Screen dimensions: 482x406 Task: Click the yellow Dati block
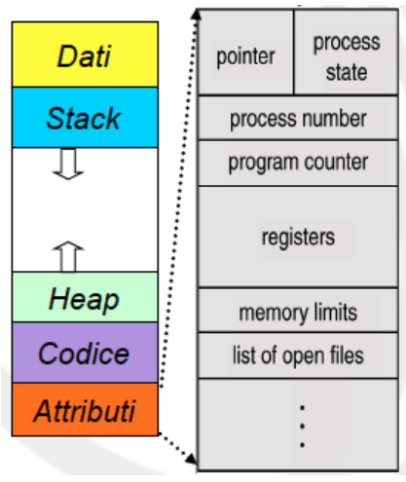pos(83,56)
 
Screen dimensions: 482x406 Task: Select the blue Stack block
pos(83,117)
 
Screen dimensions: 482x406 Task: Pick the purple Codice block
pos(83,352)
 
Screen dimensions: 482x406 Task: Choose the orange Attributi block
pos(83,409)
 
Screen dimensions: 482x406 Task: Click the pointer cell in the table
pos(244,56)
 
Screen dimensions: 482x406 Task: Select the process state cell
pos(347,56)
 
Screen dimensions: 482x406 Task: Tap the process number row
pos(298,119)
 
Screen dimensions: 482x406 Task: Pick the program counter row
pos(298,163)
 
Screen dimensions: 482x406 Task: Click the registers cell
pos(298,236)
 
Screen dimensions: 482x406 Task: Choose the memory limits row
pos(298,313)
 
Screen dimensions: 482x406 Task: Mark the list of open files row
pos(298,354)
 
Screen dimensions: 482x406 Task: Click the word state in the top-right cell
pos(347,72)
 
